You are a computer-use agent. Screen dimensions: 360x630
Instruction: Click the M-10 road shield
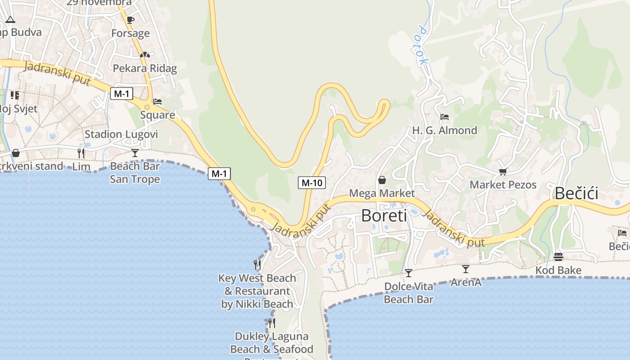click(x=311, y=183)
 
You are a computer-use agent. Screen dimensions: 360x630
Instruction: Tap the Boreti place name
click(x=384, y=216)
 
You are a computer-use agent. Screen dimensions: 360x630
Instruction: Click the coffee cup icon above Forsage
click(x=130, y=20)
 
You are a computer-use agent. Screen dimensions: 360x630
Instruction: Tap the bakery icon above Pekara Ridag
click(x=144, y=55)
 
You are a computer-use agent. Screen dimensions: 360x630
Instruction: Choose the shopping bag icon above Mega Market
click(x=382, y=180)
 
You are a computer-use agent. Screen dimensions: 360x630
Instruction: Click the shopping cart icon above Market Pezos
click(x=503, y=171)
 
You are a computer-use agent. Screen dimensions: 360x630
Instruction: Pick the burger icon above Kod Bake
click(x=558, y=256)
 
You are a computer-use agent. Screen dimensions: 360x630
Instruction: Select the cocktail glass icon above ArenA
click(x=466, y=269)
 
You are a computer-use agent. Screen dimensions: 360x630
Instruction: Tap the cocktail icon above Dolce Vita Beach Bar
click(x=408, y=273)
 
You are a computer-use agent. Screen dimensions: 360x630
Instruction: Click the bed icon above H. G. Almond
click(x=445, y=117)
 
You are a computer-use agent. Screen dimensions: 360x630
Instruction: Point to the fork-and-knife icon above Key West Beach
click(x=257, y=265)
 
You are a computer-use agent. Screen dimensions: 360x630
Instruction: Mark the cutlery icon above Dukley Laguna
click(x=271, y=323)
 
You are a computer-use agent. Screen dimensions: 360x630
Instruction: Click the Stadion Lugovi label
click(x=121, y=134)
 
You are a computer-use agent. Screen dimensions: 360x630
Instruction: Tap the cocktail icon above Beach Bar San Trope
click(x=135, y=153)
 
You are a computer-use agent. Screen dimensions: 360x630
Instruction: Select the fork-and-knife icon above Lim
click(x=81, y=153)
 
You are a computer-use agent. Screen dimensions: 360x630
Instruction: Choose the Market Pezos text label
click(x=503, y=184)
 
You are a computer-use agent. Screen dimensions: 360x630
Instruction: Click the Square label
click(x=157, y=115)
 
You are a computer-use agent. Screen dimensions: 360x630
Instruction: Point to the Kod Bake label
click(x=558, y=270)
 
